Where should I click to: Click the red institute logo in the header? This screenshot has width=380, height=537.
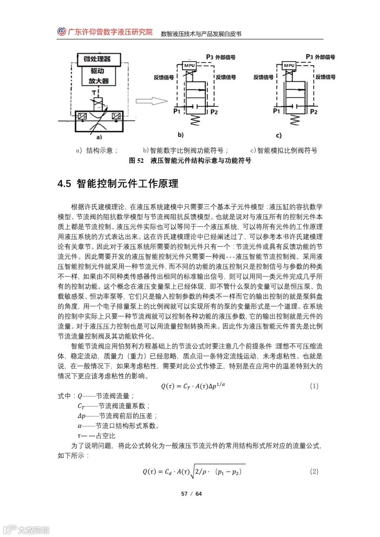(62, 32)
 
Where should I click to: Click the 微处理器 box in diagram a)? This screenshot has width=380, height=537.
(97, 59)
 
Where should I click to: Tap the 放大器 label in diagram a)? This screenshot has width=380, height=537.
(98, 81)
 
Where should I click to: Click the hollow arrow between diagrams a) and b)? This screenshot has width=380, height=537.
(151, 101)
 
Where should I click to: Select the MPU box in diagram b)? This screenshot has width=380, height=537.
(189, 65)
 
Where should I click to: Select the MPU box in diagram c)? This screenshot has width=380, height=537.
(289, 65)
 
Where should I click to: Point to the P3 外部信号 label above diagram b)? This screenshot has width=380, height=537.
(221, 57)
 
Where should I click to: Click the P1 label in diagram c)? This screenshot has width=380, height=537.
(277, 111)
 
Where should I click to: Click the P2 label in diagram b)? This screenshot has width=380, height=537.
(214, 112)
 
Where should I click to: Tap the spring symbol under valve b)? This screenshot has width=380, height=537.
(195, 120)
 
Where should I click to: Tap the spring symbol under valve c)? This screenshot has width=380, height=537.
(294, 120)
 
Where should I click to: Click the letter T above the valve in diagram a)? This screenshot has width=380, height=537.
(94, 93)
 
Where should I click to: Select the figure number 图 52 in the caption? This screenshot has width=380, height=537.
(136, 161)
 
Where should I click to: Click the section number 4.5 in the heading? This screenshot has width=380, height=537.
(64, 183)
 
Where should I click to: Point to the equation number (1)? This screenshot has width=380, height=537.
(314, 386)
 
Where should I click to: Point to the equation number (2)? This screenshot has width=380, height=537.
(314, 471)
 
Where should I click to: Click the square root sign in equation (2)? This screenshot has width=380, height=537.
(192, 472)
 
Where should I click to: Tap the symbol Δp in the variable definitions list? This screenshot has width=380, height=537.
(81, 416)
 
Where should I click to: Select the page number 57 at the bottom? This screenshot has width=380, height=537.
(184, 494)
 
